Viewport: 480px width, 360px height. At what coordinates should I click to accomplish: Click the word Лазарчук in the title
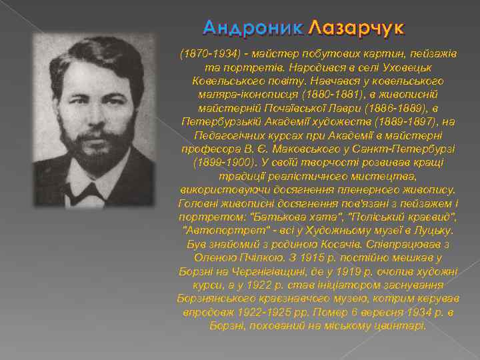tap(357, 28)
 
